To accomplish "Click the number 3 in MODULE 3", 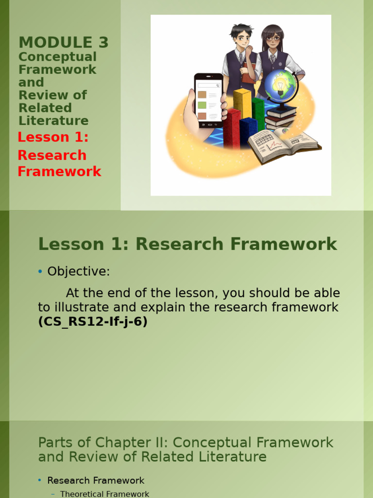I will point(102,43).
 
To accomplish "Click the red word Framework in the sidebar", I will point(59,172).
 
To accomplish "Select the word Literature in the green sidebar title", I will point(53,121).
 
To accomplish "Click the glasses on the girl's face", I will point(273,38).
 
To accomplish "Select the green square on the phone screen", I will point(202,105).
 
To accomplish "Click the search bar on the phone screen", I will point(208,85).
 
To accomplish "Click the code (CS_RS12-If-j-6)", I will point(92,322).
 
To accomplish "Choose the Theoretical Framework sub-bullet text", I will point(104,494).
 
